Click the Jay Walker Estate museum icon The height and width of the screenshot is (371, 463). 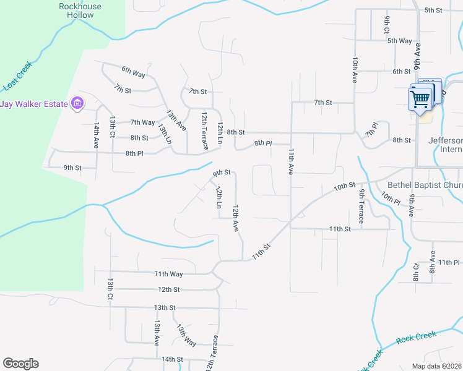coord(77,103)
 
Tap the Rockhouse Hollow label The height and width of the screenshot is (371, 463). coord(80,11)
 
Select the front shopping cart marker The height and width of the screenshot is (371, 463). coord(420,98)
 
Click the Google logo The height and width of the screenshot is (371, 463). coord(20,364)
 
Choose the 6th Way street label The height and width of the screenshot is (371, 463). coord(133,73)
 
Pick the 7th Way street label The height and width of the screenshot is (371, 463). coord(142,122)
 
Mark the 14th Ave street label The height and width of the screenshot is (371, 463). coord(97,134)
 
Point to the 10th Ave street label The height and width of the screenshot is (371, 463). coord(355,70)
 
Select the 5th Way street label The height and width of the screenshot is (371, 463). coord(399,41)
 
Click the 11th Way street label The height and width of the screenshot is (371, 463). coord(168,273)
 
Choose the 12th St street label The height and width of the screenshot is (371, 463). coord(168,289)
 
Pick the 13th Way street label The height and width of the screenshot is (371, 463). coord(186,335)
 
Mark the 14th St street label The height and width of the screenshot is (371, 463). coord(173,359)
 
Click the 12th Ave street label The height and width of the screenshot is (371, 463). coord(235,219)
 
